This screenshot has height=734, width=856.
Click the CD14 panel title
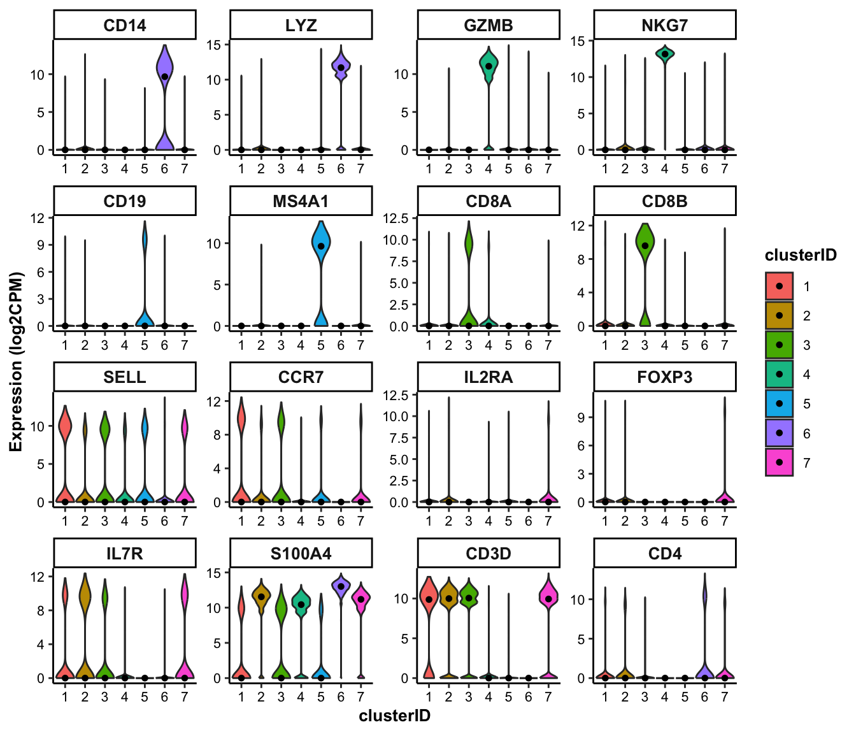click(x=124, y=25)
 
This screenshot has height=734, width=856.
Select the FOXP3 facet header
click(x=664, y=377)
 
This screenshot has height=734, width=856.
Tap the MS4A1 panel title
click(x=301, y=201)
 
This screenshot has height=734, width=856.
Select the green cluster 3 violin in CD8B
click(x=645, y=245)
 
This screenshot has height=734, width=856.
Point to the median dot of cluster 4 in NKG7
click(x=665, y=54)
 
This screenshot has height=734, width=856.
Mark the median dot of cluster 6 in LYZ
click(x=341, y=68)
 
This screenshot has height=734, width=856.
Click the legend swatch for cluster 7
click(x=779, y=463)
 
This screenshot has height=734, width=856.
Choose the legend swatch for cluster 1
click(x=779, y=286)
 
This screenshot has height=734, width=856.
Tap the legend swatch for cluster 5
click(x=779, y=404)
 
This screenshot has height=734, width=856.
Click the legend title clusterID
click(x=801, y=255)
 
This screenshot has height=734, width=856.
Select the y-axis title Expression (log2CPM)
click(x=16, y=361)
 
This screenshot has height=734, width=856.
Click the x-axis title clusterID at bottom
click(x=394, y=716)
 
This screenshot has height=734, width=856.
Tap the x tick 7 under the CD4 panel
click(x=724, y=697)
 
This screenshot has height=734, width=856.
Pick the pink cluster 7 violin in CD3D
click(x=548, y=596)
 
